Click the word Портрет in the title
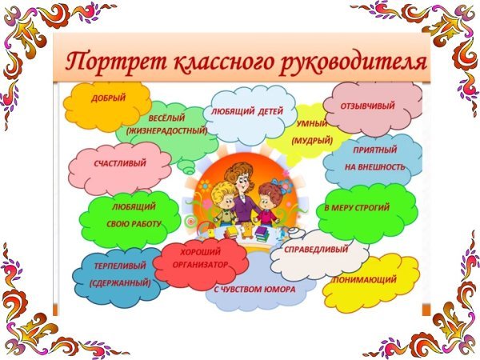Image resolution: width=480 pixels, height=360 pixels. pyautogui.click(x=108, y=62)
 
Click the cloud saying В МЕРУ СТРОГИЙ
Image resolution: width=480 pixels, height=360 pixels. pyautogui.click(x=366, y=209)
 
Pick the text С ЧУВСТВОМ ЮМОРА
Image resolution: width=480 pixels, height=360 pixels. pyautogui.click(x=254, y=289)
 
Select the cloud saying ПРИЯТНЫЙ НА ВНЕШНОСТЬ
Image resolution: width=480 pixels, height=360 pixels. pyautogui.click(x=374, y=158)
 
